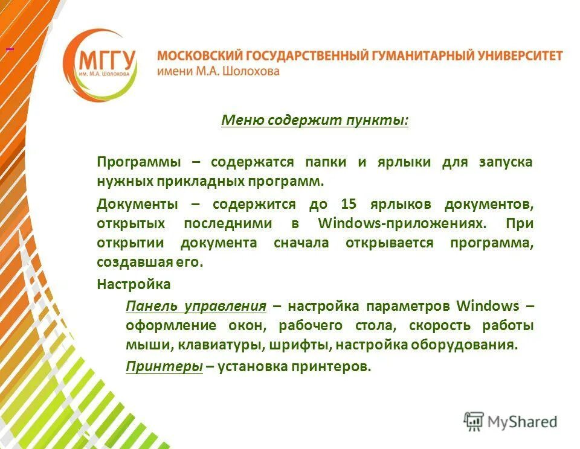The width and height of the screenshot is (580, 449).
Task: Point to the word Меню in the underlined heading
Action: point(240,120)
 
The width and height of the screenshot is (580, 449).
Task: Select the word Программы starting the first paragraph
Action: point(139,162)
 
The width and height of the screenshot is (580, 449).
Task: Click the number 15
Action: point(349,204)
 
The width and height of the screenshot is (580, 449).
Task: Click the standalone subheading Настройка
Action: point(134,284)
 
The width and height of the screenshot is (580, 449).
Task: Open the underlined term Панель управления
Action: point(196,305)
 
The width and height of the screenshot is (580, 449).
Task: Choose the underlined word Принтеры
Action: point(164,366)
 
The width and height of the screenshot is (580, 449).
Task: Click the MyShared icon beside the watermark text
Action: point(474,421)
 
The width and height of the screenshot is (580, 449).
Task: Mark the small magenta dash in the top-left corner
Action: point(10,48)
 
